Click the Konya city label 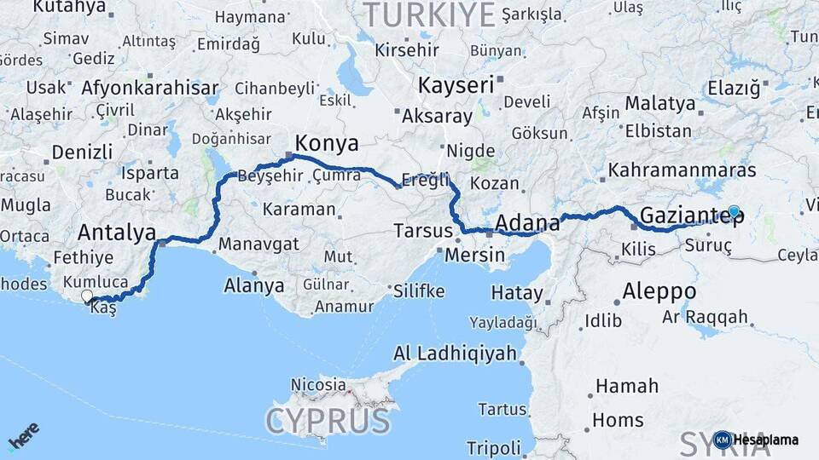pyautogui.click(x=327, y=142)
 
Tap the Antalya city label pyautogui.click(x=117, y=232)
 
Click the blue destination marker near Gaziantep pyautogui.click(x=733, y=211)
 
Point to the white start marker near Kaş pyautogui.click(x=87, y=296)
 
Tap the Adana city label pyautogui.click(x=527, y=223)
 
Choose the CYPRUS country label pyautogui.click(x=328, y=421)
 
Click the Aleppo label pyautogui.click(x=659, y=291)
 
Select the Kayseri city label pyautogui.click(x=456, y=85)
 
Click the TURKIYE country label pyautogui.click(x=429, y=14)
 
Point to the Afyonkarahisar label pyautogui.click(x=150, y=88)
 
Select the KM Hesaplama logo pyautogui.click(x=756, y=440)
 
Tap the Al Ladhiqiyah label pyautogui.click(x=456, y=353)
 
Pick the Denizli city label pyautogui.click(x=82, y=152)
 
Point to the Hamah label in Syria pyautogui.click(x=626, y=386)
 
